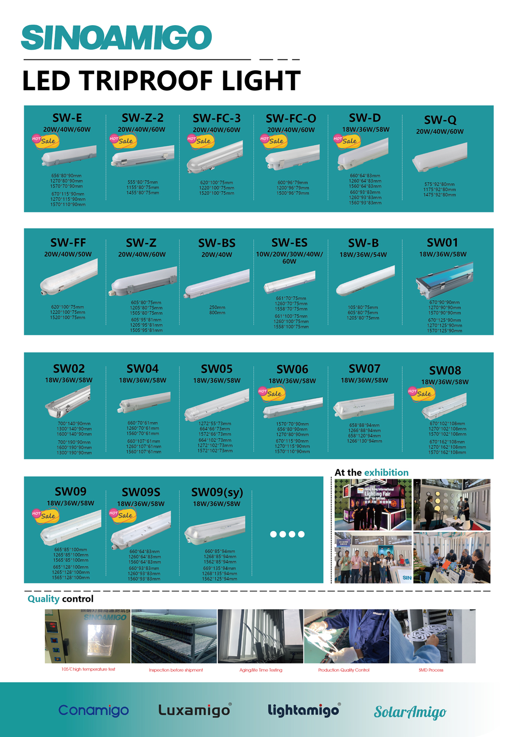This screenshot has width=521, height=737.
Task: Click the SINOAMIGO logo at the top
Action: click(116, 38)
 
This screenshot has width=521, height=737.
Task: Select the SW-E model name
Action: click(67, 118)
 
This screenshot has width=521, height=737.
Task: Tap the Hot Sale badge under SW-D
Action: click(345, 140)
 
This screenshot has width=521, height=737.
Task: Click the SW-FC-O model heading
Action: click(291, 118)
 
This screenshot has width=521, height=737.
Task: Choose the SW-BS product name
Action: click(217, 243)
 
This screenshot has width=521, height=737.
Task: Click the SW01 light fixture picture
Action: click(444, 279)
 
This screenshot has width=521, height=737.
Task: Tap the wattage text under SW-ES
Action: click(289, 258)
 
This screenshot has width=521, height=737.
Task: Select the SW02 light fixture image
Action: click(68, 402)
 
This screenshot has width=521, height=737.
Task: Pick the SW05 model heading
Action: click(217, 369)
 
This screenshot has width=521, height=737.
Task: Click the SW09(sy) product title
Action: click(217, 492)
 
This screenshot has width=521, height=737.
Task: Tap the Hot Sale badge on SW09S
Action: click(121, 515)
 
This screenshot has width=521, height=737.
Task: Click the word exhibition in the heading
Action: click(386, 473)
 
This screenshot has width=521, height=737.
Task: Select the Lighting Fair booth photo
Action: click(373, 505)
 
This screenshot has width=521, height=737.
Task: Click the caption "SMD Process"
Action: click(431, 670)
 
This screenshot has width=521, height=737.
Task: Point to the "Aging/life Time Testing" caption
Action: click(261, 670)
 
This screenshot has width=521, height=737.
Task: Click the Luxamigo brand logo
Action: click(195, 710)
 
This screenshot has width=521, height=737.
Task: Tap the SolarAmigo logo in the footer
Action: click(410, 712)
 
